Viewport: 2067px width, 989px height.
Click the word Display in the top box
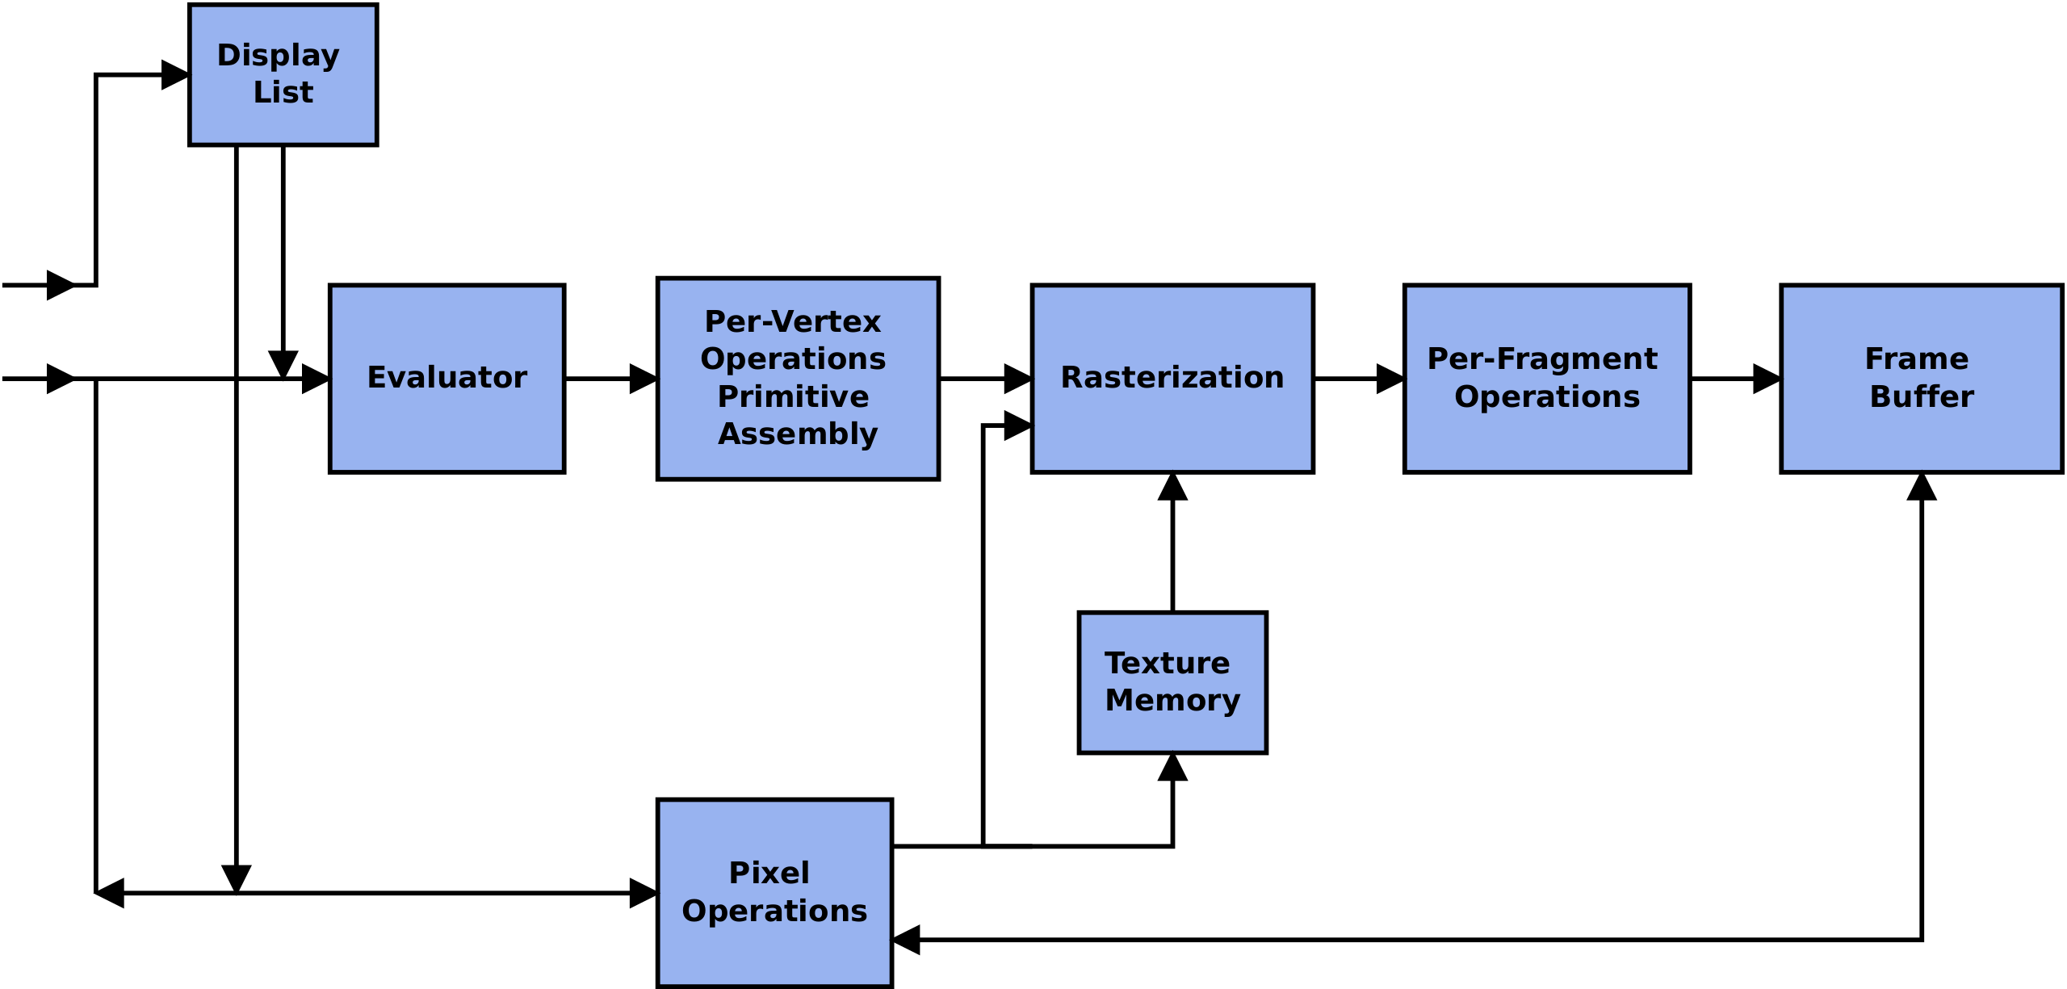coord(278,56)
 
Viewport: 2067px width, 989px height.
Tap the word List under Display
coord(283,93)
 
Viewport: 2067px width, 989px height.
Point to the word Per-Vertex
coord(792,322)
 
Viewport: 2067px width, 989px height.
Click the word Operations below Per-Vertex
coord(793,358)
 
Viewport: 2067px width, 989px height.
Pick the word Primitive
coord(793,396)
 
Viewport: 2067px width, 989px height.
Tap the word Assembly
coord(798,434)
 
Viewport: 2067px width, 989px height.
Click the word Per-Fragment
coord(1541,358)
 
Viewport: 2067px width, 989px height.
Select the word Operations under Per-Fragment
coord(1547,396)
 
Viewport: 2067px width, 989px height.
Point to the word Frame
coord(1916,358)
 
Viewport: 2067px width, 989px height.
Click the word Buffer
coord(1921,396)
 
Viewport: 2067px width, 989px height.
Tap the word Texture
coord(1167,663)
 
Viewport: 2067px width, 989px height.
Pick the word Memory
coord(1172,700)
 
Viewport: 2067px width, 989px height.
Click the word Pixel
coord(769,873)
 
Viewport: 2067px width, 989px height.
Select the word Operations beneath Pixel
coord(774,911)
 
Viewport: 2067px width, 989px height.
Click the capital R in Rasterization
coord(1071,378)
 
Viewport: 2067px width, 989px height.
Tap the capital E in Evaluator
coord(376,378)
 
